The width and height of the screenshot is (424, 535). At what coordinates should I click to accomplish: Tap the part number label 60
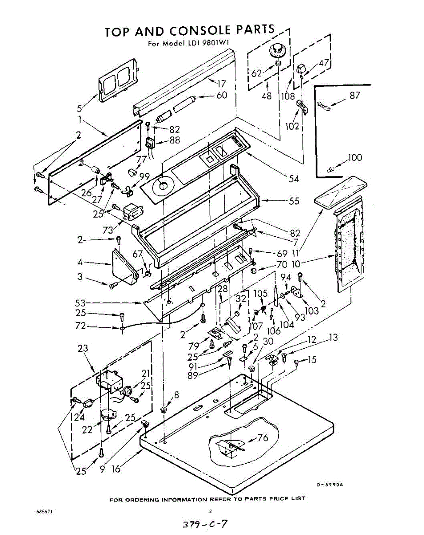(222, 95)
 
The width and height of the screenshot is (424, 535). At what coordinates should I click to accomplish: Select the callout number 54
(294, 179)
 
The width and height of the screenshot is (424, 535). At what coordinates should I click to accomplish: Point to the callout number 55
(294, 201)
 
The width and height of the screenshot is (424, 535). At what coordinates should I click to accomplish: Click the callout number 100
(355, 157)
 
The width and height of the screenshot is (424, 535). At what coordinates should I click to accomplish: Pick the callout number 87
(355, 95)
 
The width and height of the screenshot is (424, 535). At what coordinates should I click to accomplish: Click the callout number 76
(263, 438)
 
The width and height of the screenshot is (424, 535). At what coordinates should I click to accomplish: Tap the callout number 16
(116, 469)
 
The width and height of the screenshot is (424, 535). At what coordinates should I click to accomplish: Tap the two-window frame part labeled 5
(116, 80)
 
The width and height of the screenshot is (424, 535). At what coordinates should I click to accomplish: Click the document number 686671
(45, 511)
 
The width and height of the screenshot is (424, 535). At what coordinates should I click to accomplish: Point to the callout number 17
(222, 83)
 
